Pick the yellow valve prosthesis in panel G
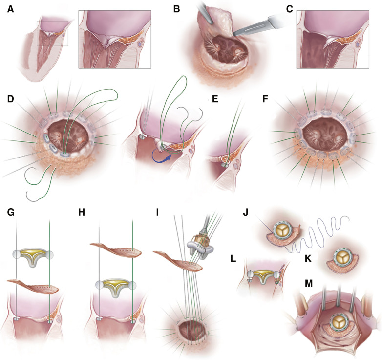[x=32, y=255]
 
